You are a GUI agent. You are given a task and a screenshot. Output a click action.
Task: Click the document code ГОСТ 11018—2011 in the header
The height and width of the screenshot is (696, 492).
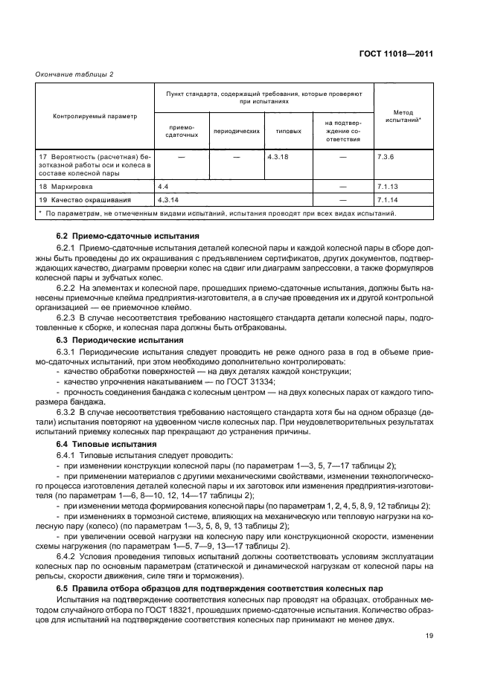tap(397, 54)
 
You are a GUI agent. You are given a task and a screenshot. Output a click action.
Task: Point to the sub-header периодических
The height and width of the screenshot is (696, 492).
tap(236, 131)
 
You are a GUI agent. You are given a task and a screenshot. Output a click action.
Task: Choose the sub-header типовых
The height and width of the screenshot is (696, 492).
tap(288, 131)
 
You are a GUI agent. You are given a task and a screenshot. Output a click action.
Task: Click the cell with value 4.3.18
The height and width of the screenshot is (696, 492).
tap(278, 158)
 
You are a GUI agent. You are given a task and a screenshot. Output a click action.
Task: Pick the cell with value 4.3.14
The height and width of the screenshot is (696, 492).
tap(170, 200)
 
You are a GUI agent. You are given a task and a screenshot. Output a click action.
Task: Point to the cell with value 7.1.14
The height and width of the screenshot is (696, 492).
tap(389, 200)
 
